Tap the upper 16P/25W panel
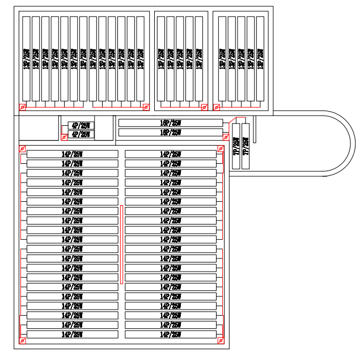(170, 122)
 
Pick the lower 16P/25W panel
(170, 133)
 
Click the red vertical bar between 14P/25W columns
(121, 244)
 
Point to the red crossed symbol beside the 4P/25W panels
(64, 137)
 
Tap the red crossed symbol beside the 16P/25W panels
(226, 137)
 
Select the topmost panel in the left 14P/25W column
(72, 154)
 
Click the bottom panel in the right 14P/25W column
(171, 334)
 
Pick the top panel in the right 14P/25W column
(171, 154)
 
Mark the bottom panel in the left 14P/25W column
(72, 334)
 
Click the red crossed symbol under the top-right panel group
(216, 107)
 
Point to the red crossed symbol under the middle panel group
(204, 107)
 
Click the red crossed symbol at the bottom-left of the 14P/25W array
(23, 341)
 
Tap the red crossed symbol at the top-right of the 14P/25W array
(220, 149)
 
